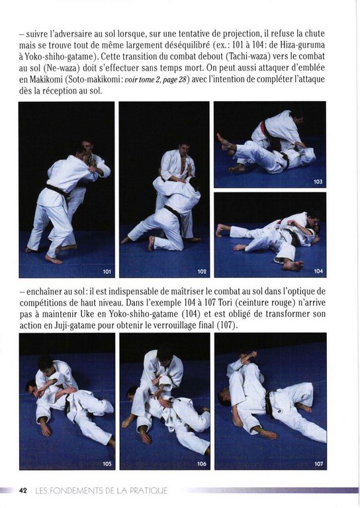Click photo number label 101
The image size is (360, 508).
(x=107, y=271)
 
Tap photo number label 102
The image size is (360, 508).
(x=202, y=271)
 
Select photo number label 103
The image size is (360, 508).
(x=318, y=182)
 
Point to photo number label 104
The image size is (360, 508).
(x=318, y=271)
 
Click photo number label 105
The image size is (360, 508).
(x=107, y=464)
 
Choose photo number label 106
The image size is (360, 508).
(x=202, y=464)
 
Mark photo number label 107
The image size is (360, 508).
(x=319, y=464)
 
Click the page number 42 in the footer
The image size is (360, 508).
(x=22, y=490)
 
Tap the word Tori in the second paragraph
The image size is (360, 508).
(x=224, y=303)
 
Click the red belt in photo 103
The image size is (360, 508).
(x=265, y=128)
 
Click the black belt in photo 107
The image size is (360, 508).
(x=269, y=403)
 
